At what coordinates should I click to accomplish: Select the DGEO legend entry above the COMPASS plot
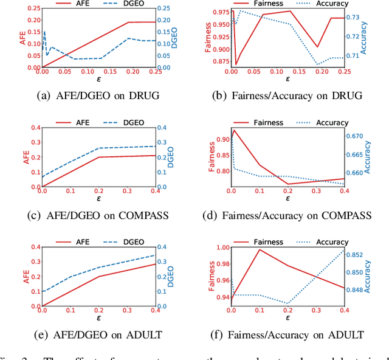click(133, 122)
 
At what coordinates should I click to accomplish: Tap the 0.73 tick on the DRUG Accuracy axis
click(353, 18)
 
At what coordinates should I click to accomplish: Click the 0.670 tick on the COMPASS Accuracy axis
click(356, 136)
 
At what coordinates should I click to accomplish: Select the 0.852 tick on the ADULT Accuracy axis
click(356, 255)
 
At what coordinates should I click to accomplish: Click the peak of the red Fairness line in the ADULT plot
click(260, 249)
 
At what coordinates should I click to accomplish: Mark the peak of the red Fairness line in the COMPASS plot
click(234, 130)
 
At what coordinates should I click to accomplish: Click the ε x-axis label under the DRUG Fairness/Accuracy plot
click(287, 79)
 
